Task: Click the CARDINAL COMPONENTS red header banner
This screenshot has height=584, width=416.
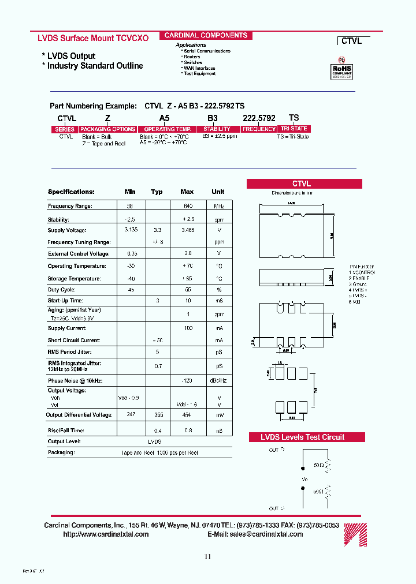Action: [205, 35]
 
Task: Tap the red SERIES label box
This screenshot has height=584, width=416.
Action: [65, 129]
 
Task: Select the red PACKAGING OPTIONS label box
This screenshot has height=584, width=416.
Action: [107, 129]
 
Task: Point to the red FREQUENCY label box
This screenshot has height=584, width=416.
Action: [259, 129]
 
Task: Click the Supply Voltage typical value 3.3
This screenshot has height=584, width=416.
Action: [157, 230]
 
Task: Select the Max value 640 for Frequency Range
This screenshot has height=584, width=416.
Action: [187, 206]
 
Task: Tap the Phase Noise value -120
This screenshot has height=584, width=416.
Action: [187, 381]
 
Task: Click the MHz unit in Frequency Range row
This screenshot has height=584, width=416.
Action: [218, 206]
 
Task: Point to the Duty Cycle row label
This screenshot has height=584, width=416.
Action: [61, 290]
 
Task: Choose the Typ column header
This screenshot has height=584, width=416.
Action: [157, 192]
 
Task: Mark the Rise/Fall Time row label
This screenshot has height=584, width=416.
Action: [65, 430]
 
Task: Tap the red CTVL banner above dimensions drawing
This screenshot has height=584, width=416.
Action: [304, 184]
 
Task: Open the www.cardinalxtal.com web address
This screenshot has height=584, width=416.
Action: [106, 534]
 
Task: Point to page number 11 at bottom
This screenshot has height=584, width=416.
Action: [208, 557]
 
